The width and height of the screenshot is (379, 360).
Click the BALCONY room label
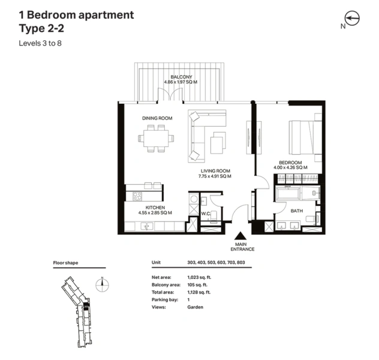click(x=181, y=77)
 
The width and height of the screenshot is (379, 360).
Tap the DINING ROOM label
click(x=157, y=118)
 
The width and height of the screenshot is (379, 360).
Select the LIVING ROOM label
click(x=215, y=170)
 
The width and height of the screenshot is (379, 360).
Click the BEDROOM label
click(x=290, y=162)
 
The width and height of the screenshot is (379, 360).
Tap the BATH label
click(x=296, y=211)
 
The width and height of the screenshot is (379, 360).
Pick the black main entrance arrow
click(x=241, y=238)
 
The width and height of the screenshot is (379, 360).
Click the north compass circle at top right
click(x=352, y=19)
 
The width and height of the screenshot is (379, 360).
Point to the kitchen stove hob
click(x=137, y=196)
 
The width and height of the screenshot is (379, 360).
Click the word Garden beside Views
click(x=195, y=307)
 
